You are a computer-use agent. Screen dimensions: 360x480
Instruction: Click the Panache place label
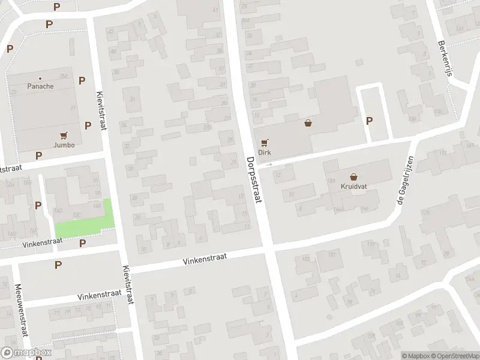click(x=40, y=86)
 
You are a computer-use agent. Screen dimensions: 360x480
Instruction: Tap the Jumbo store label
click(x=64, y=145)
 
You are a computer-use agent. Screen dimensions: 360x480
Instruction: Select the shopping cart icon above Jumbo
click(x=64, y=136)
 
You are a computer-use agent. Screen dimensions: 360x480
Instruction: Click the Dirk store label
click(x=265, y=152)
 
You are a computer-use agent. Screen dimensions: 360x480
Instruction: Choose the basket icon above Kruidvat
click(x=354, y=177)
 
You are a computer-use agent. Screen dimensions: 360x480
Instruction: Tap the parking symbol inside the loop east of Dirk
click(x=370, y=121)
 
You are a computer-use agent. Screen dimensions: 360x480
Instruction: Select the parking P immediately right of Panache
click(x=82, y=80)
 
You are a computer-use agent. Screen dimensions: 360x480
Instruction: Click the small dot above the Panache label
click(x=40, y=79)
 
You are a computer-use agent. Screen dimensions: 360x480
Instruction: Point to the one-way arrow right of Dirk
click(x=269, y=164)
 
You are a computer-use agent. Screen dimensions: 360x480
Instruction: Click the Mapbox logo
click(x=26, y=353)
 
